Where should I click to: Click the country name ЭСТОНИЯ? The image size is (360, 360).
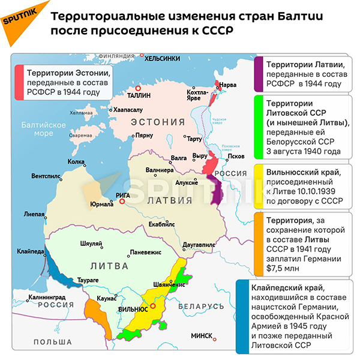tap(158, 121)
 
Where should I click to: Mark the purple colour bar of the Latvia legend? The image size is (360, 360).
tap(257, 74)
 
